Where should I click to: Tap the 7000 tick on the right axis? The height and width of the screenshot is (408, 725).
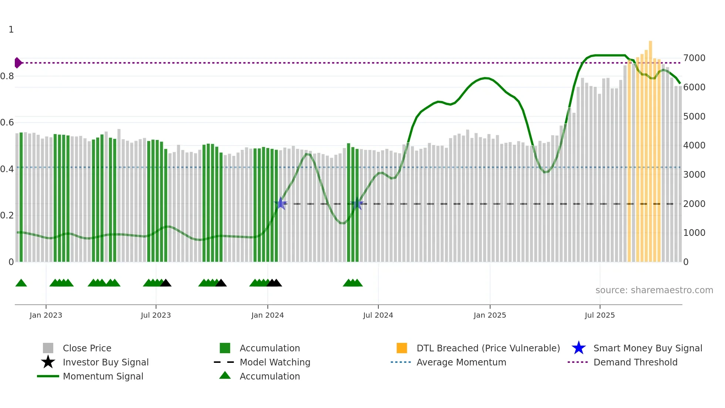point(694,58)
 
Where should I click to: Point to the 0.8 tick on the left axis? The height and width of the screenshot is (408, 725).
point(7,76)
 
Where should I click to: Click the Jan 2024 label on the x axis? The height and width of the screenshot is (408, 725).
point(267,315)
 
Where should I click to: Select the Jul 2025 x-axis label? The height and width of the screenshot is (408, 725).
point(600,315)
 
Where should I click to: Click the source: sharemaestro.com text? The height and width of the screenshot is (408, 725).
point(654,290)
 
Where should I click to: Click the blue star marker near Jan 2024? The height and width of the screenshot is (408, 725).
point(281,203)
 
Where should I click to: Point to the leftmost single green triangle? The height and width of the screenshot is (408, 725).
point(21,283)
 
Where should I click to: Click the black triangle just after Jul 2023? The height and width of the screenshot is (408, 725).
point(166,283)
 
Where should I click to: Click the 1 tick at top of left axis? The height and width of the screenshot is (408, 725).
point(11,30)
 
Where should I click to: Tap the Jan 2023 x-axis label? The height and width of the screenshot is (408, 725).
point(46,315)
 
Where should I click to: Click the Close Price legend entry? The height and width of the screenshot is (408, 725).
point(87,348)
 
